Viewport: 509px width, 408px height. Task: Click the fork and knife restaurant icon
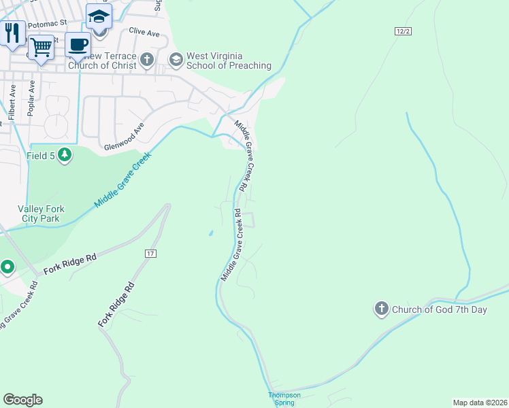point(12,33)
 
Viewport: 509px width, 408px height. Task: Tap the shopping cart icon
point(41,48)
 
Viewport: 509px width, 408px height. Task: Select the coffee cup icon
point(78,45)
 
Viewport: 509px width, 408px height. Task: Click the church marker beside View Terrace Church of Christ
point(146,61)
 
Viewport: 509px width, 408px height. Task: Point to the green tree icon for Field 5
point(65,156)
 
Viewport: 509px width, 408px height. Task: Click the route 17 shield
point(150,253)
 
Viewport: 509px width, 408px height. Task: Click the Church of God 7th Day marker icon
point(381,309)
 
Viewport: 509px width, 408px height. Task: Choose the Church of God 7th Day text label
point(440,310)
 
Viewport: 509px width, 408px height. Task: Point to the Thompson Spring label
point(284,398)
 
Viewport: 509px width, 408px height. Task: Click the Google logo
point(22,400)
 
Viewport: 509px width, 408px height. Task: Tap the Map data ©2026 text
point(480,402)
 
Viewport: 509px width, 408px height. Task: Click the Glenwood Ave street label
point(125,137)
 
